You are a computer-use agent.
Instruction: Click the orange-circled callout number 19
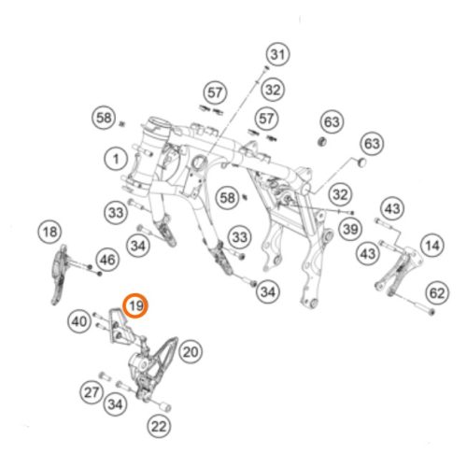pos(135,305)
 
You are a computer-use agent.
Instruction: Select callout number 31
pos(278,54)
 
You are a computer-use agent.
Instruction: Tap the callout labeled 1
pos(116,159)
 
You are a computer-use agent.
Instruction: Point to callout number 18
pos(50,232)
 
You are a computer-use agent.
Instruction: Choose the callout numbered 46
pos(107,260)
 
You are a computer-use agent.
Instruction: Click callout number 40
pos(79,321)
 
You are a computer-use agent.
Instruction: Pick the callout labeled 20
pos(191,352)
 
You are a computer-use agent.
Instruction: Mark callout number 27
pos(92,392)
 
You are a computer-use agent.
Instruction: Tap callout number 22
pos(159,426)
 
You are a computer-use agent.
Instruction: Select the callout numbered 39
pos(350,229)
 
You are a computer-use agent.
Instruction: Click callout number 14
pos(432,246)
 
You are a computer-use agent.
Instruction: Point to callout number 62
pos(437,293)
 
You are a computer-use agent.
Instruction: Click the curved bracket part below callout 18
pos(59,275)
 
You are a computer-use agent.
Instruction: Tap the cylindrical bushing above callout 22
pos(164,406)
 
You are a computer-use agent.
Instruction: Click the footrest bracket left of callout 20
pos(152,367)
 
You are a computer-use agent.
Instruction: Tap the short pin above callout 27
pos(105,376)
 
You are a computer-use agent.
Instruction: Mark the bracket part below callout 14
pos(398,270)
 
